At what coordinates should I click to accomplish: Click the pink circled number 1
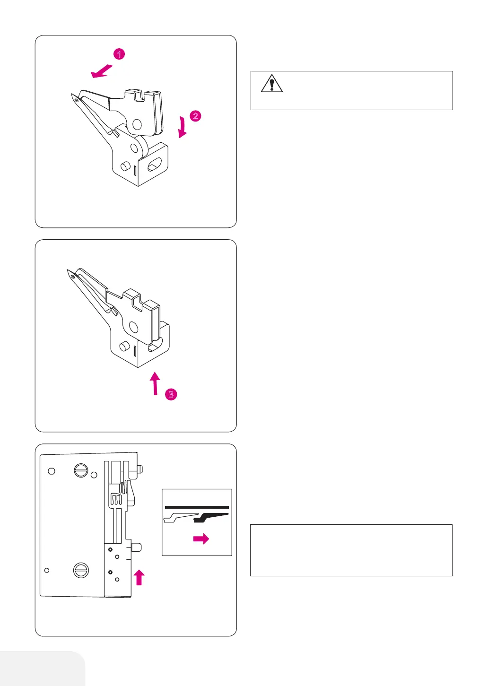[x=119, y=54]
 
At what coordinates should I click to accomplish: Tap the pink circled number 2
[x=195, y=116]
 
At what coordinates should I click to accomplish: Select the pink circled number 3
[x=171, y=394]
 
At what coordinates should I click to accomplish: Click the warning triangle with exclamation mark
[x=271, y=84]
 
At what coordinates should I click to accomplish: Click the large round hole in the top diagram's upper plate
[x=137, y=124]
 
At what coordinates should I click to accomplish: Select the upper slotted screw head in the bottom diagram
[x=81, y=470]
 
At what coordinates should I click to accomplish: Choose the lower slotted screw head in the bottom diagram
[x=81, y=570]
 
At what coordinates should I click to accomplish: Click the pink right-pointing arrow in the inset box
[x=201, y=538]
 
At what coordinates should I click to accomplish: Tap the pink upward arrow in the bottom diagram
[x=139, y=577]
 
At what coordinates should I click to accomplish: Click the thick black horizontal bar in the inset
[x=197, y=507]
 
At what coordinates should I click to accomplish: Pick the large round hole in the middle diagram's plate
[x=134, y=327]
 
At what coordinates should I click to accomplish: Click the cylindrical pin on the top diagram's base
[x=125, y=167]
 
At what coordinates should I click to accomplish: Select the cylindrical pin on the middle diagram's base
[x=124, y=347]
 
